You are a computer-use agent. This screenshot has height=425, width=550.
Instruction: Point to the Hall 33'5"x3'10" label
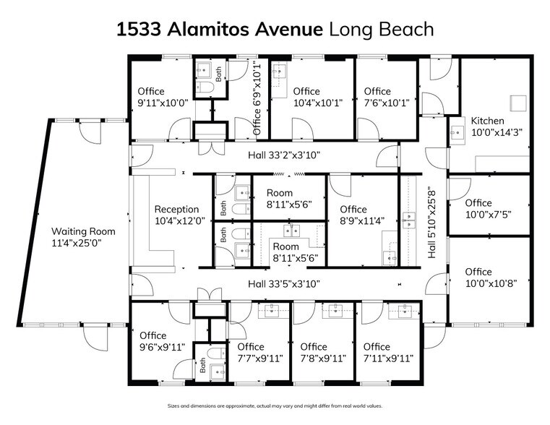[x=283, y=284]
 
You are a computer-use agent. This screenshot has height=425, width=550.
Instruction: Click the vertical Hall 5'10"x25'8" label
[x=432, y=223]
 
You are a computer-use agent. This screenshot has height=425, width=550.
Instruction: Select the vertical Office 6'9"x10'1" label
[x=257, y=99]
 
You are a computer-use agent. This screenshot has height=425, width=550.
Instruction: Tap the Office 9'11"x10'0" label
[x=163, y=97]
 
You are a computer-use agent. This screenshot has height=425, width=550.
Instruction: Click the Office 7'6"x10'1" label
[x=386, y=97]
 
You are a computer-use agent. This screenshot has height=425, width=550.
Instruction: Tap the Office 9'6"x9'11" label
[x=163, y=341]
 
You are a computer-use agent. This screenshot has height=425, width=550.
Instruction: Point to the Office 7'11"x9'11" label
[x=387, y=352]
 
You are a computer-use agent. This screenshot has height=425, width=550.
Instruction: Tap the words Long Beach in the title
[x=382, y=30]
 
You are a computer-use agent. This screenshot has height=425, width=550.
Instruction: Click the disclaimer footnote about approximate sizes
[x=275, y=406]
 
